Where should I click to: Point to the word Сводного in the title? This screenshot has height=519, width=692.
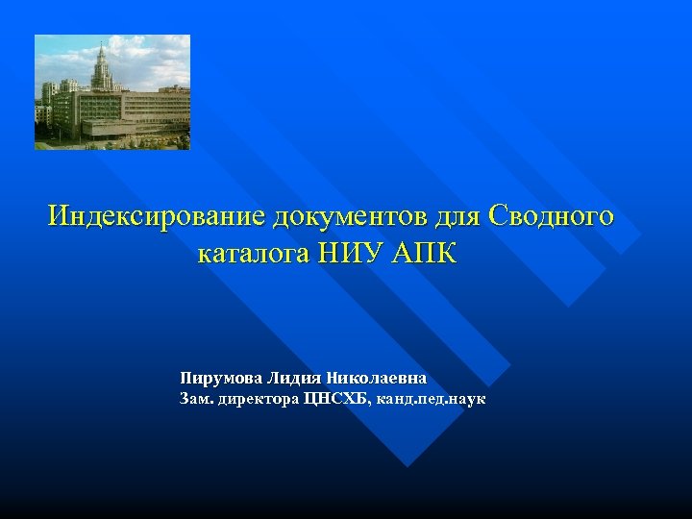551,215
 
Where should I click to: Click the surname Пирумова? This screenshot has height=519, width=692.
221,378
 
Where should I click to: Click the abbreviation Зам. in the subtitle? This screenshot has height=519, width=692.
194,398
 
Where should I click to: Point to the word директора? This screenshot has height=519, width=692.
259,398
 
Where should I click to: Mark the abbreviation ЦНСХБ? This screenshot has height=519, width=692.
335,398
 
